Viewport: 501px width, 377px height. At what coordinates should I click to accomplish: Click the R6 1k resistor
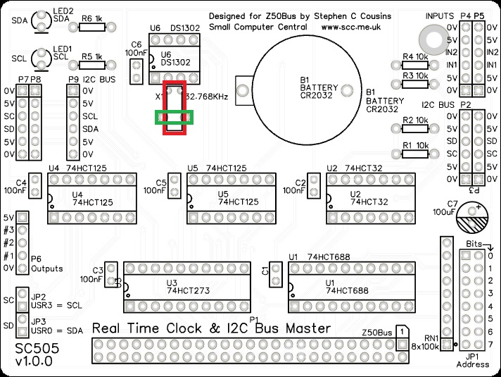click(91, 27)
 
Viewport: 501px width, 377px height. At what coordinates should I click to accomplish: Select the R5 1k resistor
click(91, 64)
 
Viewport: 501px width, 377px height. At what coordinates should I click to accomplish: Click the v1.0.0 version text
click(32, 362)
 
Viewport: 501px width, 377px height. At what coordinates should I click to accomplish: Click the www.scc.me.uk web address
click(350, 27)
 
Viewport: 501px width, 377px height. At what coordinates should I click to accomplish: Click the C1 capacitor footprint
click(275, 271)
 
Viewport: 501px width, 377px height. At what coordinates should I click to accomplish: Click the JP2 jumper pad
click(23, 301)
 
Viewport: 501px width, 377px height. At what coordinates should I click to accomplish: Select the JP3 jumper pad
click(23, 325)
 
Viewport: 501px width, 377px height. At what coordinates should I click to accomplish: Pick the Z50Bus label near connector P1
click(376, 331)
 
